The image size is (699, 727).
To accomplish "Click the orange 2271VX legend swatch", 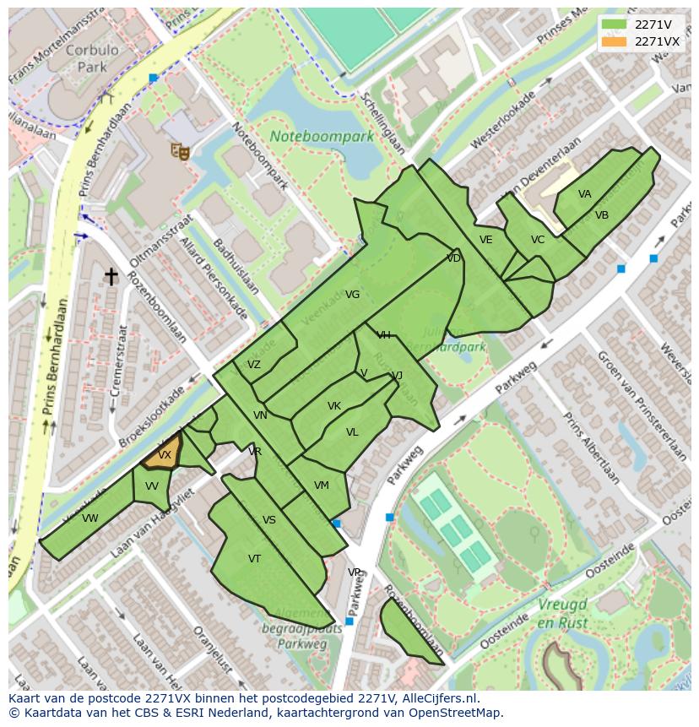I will point(615,41).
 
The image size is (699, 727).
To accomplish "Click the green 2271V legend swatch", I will point(615,24).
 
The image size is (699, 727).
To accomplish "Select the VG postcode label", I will point(352,295).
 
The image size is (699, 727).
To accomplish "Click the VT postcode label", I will point(254,559).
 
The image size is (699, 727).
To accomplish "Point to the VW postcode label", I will point(90,518).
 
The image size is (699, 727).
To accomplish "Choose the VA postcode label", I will point(584,194).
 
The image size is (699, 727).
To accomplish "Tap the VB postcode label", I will point(601,215).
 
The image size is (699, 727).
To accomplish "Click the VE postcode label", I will point(485,240).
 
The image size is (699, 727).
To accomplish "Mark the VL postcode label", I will point(352,432).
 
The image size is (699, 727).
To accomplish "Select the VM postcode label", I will point(321,486).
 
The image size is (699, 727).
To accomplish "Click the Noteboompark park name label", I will point(322,136).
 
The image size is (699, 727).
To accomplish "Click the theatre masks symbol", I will point(178,150).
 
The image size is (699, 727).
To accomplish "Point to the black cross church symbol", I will point(111,276).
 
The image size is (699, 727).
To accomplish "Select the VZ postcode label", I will point(253,365).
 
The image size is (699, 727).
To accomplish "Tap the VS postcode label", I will point(268,520).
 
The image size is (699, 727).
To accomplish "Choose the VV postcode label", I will point(151,486).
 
